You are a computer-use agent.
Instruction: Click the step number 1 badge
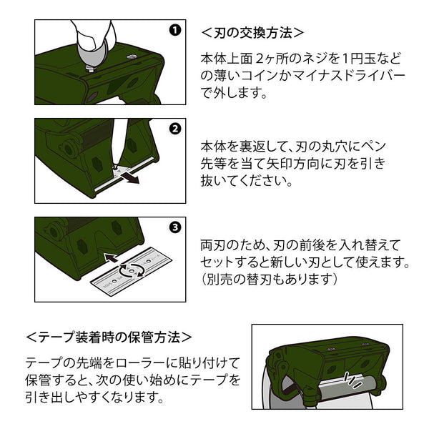(174, 31)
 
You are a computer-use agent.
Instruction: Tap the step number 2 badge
(174, 129)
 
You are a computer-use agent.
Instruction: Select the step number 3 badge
(174, 228)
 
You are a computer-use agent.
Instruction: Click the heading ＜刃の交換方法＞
(252, 32)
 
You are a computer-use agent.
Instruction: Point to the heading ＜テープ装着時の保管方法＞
(109, 336)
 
